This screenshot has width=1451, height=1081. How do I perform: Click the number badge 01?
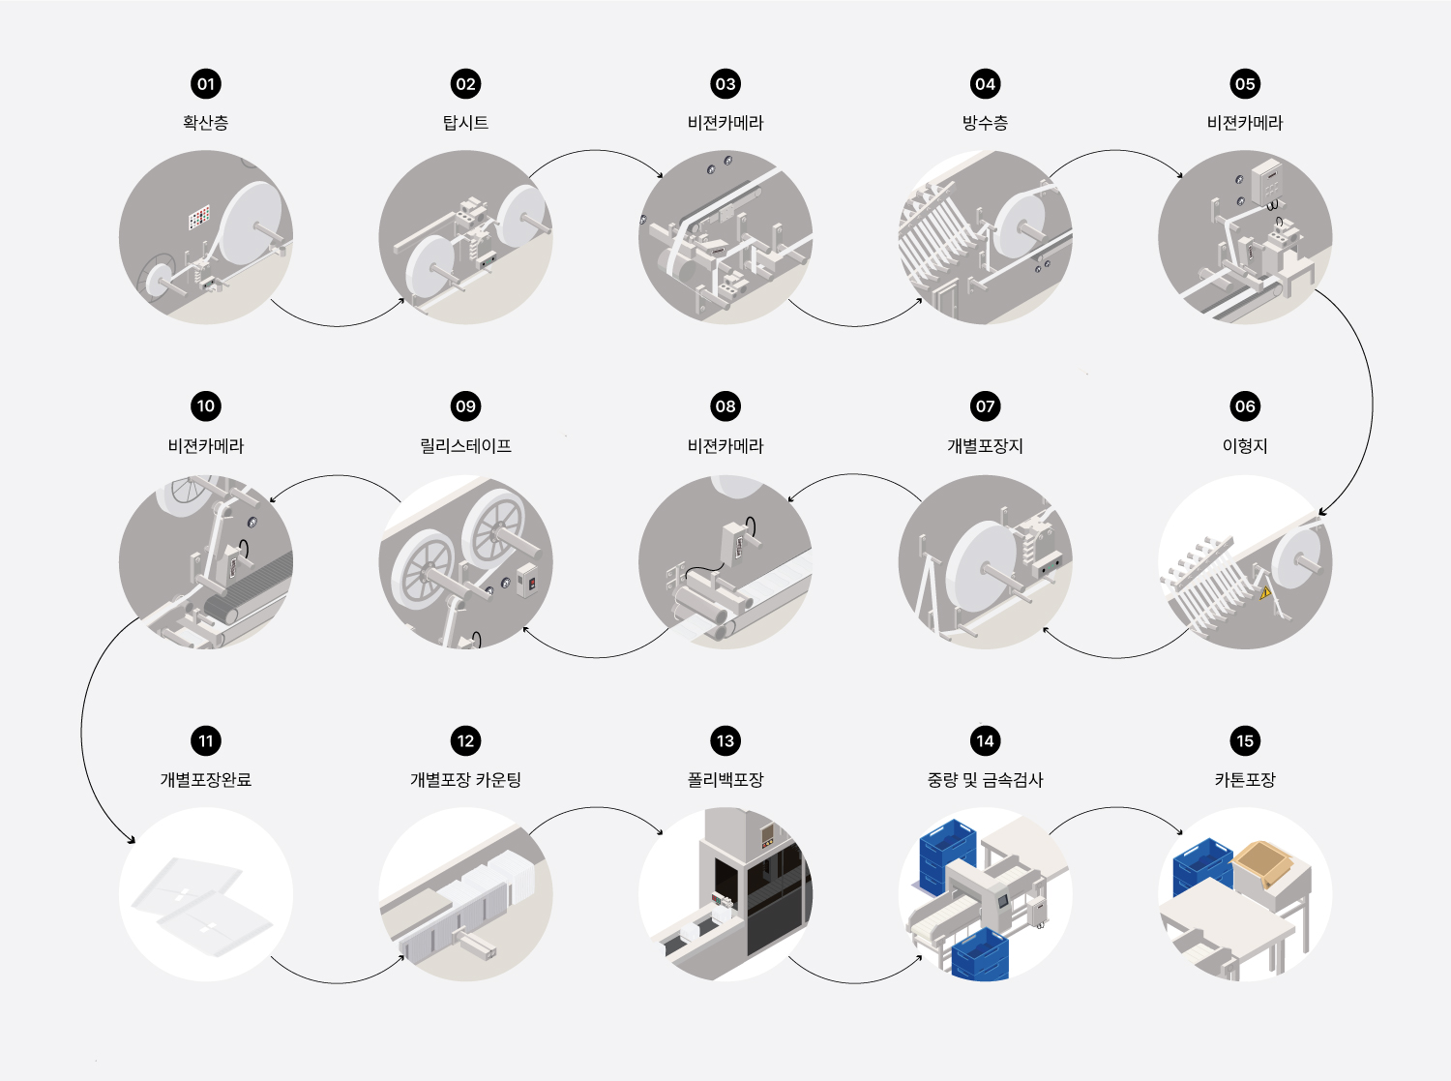click(x=205, y=84)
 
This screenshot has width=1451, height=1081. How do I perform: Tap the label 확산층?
click(x=205, y=123)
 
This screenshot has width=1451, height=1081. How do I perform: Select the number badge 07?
click(x=985, y=405)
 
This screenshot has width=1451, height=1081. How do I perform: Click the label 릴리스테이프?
click(x=465, y=446)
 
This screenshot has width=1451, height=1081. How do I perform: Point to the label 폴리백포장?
click(x=725, y=779)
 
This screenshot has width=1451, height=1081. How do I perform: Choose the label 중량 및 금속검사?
click(x=985, y=779)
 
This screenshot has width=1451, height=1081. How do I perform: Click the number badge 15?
click(x=1245, y=740)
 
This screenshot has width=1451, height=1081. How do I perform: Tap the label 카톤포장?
click(x=1245, y=779)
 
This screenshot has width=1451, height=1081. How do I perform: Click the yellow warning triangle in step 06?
click(x=1265, y=592)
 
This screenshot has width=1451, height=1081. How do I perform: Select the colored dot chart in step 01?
click(x=199, y=218)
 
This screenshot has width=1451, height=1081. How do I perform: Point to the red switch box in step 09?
click(x=527, y=580)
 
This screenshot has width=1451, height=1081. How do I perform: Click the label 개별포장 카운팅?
click(x=465, y=779)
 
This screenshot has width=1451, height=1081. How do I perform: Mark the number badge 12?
click(x=465, y=740)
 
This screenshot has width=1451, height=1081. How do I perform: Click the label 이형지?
click(x=1245, y=446)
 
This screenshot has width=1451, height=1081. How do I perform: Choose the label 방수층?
click(x=985, y=123)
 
